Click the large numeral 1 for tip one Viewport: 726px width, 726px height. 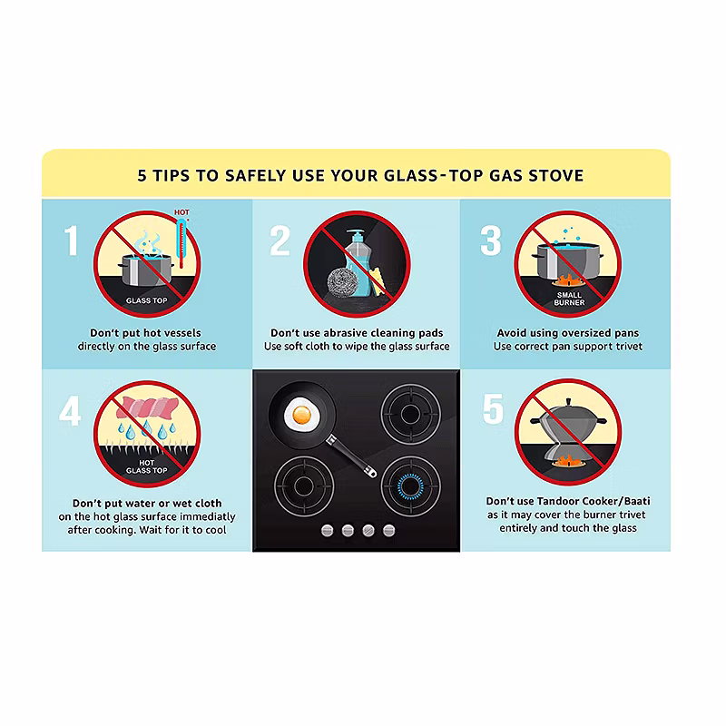[x=71, y=240]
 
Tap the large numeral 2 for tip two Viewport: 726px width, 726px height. [x=280, y=240]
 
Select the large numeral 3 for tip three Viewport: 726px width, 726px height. [x=491, y=240]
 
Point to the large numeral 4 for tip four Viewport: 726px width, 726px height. [x=70, y=411]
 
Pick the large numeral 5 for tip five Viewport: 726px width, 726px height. [x=493, y=408]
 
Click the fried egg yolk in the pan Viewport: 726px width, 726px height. [x=301, y=414]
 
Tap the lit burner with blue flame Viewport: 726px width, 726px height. [x=410, y=486]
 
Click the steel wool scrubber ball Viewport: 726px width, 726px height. [x=343, y=283]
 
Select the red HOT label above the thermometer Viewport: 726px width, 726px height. [x=181, y=212]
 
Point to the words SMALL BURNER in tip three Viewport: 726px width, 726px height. [x=569, y=299]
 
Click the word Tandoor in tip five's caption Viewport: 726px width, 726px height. [x=557, y=501]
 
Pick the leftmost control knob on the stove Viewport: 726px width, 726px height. [x=328, y=531]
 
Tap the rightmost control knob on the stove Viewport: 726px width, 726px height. [x=389, y=531]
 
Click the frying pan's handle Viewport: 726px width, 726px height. [x=351, y=456]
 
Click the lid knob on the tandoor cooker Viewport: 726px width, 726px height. [x=569, y=402]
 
